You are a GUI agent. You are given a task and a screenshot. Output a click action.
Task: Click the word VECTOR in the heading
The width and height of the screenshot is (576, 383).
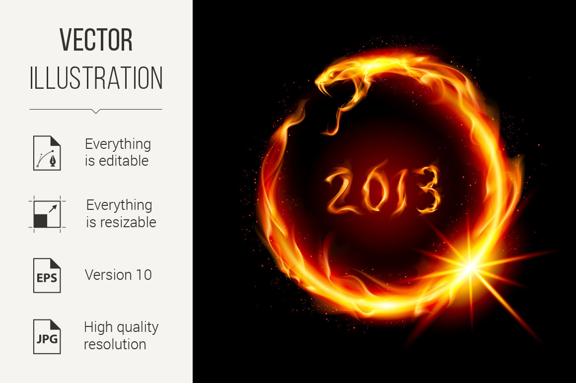coord(96,40)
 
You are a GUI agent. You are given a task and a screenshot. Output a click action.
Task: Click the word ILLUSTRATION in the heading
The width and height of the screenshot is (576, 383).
coord(96,78)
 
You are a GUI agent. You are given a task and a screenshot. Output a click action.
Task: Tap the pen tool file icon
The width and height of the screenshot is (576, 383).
coord(47,153)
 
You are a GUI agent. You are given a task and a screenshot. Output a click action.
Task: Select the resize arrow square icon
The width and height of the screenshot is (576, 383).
coord(47,214)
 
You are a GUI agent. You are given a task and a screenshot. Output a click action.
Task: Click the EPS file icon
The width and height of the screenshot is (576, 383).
coord(47,275)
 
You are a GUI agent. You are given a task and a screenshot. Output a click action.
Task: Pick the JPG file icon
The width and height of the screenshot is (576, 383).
coord(47,337)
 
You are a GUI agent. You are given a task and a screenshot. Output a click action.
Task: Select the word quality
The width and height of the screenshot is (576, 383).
coord(136,327)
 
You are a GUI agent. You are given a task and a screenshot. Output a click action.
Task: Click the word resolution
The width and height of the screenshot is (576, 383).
coord(115,344)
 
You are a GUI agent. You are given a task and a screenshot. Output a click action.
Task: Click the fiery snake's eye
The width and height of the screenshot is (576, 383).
coord(332,74)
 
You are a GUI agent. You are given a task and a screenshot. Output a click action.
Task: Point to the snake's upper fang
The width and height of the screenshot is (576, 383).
coord(321,87)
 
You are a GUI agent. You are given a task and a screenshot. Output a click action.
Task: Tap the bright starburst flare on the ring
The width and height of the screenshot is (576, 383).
coord(470,267)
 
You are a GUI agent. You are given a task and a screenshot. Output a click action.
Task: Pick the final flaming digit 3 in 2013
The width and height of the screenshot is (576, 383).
coord(428,189)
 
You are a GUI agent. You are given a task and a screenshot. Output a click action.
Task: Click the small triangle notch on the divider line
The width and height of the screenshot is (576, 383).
coord(96,111)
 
